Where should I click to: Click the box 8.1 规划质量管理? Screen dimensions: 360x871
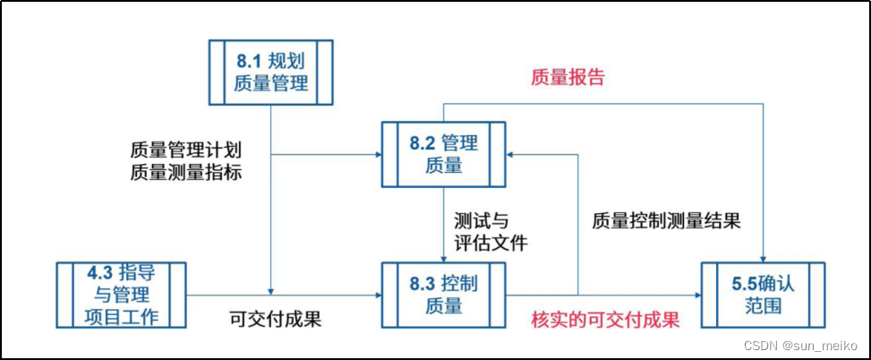coord(271,73)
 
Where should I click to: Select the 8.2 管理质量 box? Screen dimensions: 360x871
coord(444,154)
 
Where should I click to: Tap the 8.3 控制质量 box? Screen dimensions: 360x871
coord(444,295)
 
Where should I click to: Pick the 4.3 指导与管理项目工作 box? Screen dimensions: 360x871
coord(121,295)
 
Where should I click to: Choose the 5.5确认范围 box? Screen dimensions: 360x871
coord(762,295)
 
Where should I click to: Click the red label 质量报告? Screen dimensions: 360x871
coord(568,77)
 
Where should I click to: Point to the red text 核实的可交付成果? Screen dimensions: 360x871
coord(605,320)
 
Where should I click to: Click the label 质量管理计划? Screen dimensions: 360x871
coord(185,148)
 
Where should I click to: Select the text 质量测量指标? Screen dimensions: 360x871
coord(185,170)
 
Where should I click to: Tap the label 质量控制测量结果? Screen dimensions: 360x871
coord(666,221)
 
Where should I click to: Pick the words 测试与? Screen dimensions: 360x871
coord(481,219)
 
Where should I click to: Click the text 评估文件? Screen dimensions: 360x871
coord(491,242)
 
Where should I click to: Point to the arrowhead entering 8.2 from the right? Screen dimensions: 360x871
coord(513,154)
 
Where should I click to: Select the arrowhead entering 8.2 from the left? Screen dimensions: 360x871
coord(376,154)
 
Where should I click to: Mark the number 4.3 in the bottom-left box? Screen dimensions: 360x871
coord(99,271)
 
